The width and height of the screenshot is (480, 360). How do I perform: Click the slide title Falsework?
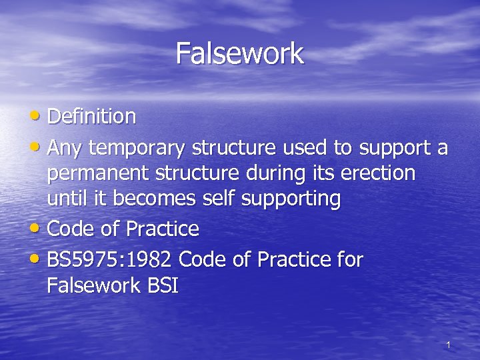coord(240,53)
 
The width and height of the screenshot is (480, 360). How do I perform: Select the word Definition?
coord(92,117)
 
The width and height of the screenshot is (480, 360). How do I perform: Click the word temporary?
coord(137,147)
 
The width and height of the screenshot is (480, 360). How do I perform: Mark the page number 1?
coord(448,345)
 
